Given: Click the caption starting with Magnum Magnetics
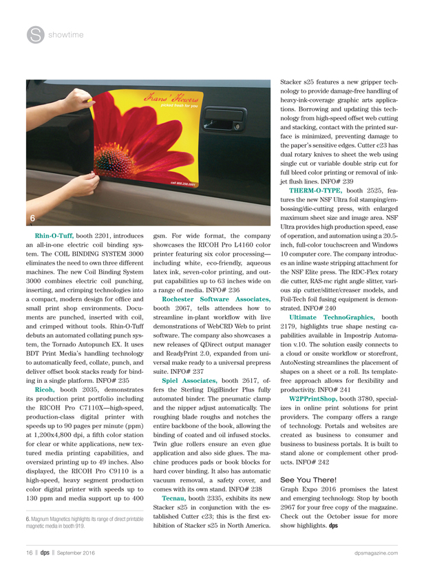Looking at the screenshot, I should (x=76, y=520).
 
